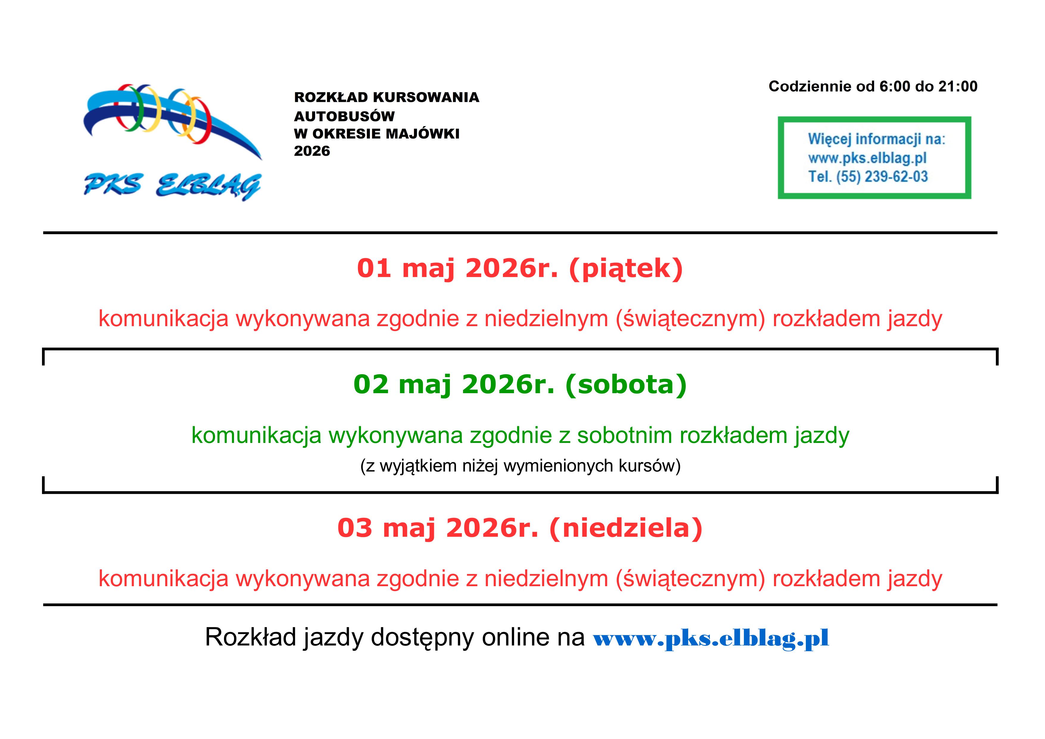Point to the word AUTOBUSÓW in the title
344,116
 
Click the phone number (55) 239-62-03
882,176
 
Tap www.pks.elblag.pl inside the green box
867,158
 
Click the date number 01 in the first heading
374,268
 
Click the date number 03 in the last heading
355,528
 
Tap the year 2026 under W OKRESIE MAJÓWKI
312,151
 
